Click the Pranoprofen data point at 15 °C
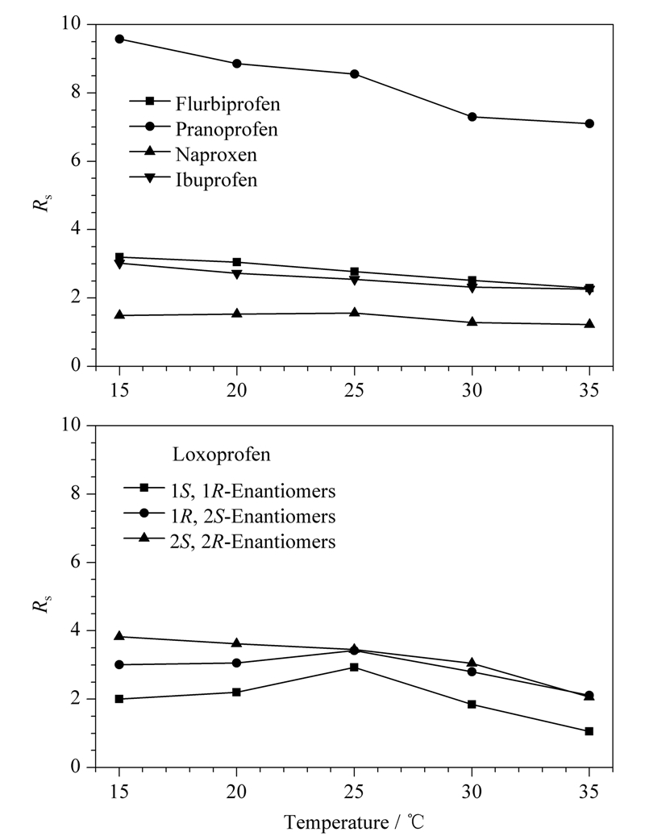tap(119, 39)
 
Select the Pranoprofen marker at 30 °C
tap(472, 117)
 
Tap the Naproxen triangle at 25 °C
tap(355, 313)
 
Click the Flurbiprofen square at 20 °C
tap(237, 262)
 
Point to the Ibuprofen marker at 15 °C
tap(119, 264)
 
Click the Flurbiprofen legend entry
tap(205, 103)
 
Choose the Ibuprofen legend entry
tap(193, 180)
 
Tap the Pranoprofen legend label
tap(227, 129)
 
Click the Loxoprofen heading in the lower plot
tap(221, 454)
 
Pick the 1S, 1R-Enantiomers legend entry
tap(230, 490)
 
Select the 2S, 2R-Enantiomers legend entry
tap(230, 541)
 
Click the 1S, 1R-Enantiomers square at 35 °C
tap(589, 731)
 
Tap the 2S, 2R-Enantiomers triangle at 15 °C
tap(119, 636)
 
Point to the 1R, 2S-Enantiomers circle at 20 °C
tap(237, 663)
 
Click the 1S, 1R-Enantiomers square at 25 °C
tap(355, 667)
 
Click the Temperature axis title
tap(354, 821)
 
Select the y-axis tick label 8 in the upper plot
tap(76, 93)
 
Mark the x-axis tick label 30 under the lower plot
tap(472, 791)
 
